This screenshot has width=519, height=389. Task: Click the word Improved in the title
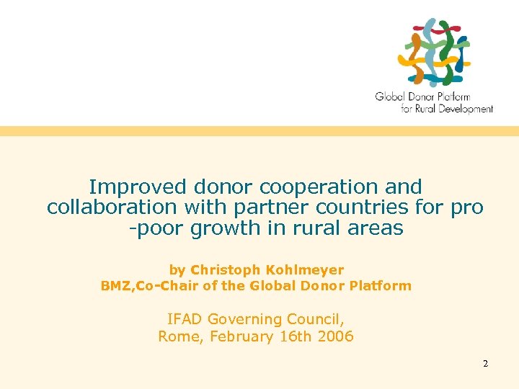pos(138,187)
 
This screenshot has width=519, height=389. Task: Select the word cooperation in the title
pos(320,187)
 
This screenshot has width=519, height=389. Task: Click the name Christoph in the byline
pos(226,270)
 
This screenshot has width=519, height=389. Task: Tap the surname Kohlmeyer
pos(305,270)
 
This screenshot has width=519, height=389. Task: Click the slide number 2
pos(486,364)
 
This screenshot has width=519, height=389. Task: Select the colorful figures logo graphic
pos(435,52)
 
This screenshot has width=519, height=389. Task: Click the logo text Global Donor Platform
pos(422,97)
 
